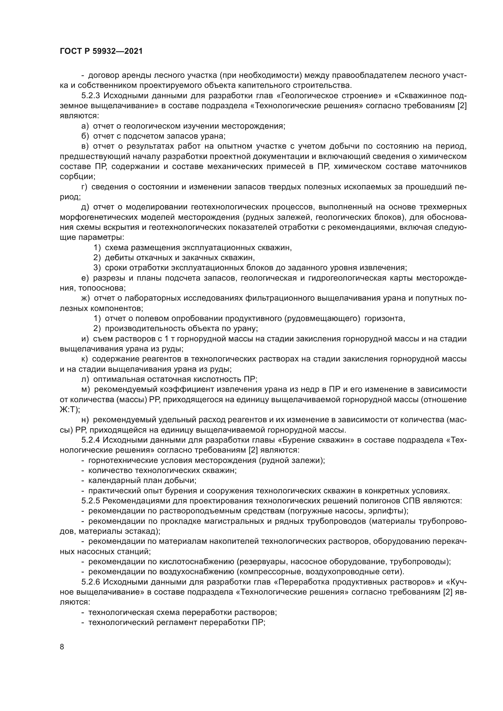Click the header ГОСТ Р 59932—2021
pyautogui.click(x=101, y=51)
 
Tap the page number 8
pyautogui.click(x=62, y=647)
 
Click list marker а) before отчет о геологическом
pyautogui.click(x=85, y=126)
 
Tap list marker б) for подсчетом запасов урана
pyautogui.click(x=85, y=136)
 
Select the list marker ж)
pyautogui.click(x=85, y=298)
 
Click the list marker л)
pyautogui.click(x=85, y=379)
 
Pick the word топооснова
pyautogui.click(x=102, y=288)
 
